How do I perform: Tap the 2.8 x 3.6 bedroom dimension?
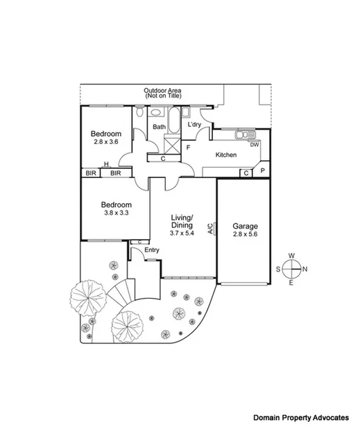107,142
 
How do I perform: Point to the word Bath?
160,127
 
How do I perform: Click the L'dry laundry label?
195,125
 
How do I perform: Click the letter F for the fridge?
188,147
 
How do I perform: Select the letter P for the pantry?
262,171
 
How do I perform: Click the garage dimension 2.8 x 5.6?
245,235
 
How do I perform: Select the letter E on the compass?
291,283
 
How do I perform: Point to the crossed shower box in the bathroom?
171,146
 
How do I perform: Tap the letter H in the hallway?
106,164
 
